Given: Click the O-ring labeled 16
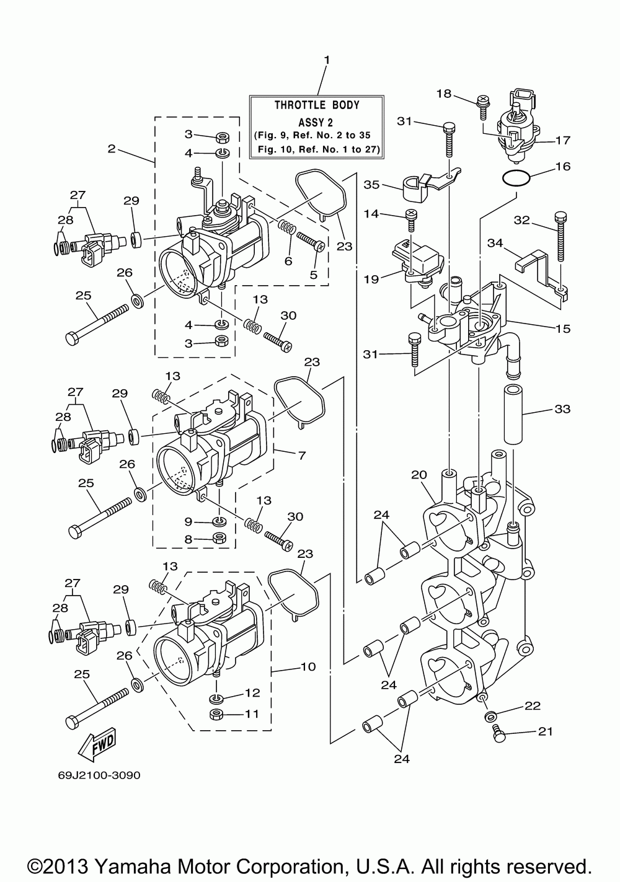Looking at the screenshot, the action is click(x=516, y=178).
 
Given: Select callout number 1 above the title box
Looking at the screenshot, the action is click(x=327, y=60).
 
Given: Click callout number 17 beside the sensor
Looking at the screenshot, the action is click(x=563, y=140).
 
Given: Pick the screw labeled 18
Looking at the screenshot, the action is click(x=482, y=107).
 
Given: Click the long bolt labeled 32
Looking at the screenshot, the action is click(x=561, y=236).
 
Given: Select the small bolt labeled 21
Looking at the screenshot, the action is click(x=499, y=734).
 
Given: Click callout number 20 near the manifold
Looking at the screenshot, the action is click(x=419, y=475).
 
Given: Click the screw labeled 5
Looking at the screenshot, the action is click(x=311, y=241).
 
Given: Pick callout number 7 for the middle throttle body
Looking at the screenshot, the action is click(x=302, y=456).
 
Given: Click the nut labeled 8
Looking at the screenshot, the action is click(x=219, y=537).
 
